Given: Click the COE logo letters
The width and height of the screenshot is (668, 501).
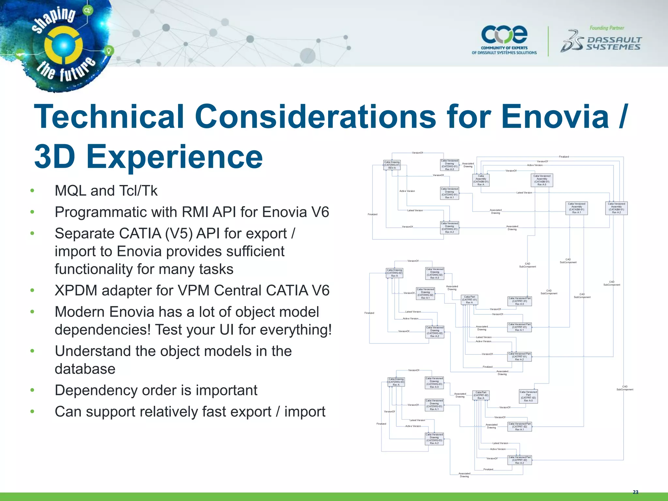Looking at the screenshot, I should pos(504,35).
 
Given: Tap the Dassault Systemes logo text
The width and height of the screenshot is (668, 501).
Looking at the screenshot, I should pos(614,44).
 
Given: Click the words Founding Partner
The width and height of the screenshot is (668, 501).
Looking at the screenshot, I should pos(607,28).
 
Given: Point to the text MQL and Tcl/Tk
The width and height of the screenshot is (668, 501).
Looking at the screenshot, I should pos(106,191).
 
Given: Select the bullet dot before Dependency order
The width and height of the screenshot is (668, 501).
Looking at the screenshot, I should pos(32,390).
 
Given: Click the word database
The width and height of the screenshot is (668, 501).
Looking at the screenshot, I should pos(85,369).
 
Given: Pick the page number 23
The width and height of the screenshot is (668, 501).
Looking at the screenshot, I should pos(635,492).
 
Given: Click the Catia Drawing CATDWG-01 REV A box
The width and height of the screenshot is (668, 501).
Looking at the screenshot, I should pos(392,165).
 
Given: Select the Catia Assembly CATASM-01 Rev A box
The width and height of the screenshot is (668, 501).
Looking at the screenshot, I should pos(481,180).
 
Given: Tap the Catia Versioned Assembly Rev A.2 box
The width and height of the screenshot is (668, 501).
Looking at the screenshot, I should pos(616,208).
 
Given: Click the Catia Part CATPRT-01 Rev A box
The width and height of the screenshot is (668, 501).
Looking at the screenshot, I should pos(469,300).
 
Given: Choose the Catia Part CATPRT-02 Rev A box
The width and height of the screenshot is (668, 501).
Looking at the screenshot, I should pos(481,395).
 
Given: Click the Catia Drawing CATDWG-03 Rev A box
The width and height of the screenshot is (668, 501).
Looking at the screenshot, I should pos(396,382).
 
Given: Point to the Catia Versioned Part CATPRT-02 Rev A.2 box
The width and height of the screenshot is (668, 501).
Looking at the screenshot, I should pos(519,460).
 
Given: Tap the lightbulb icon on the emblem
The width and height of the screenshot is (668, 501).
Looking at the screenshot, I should pos(109,51).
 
